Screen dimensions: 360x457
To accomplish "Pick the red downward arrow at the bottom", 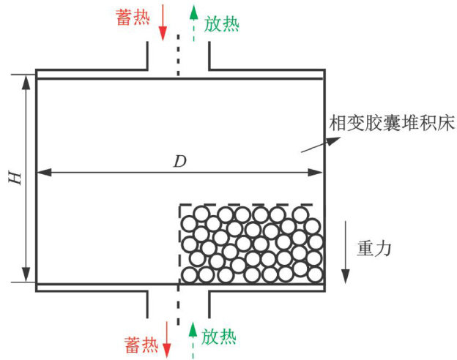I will click(x=166, y=337).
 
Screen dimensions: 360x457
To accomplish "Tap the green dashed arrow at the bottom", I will click(x=193, y=337).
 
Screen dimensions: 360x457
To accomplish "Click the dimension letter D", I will click(x=179, y=162).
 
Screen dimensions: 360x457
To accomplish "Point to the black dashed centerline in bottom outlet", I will click(x=178, y=307).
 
